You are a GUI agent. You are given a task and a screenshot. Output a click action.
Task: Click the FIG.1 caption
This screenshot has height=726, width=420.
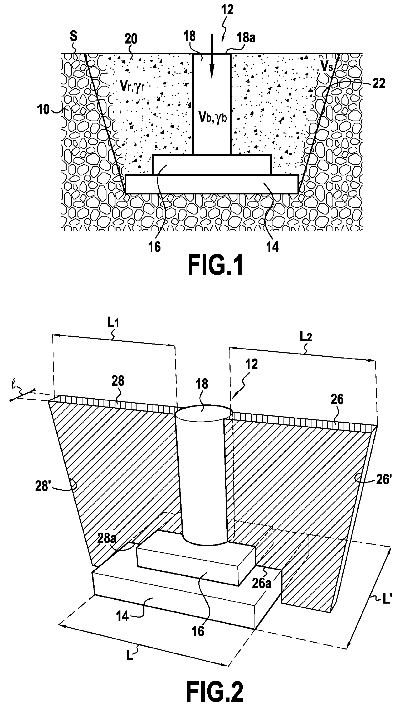[215, 266]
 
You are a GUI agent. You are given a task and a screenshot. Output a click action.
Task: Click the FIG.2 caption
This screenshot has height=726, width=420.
[214, 692]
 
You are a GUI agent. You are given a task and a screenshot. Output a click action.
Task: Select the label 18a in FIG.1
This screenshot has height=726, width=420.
[246, 38]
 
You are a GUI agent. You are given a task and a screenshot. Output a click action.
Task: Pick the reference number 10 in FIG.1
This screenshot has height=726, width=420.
[43, 109]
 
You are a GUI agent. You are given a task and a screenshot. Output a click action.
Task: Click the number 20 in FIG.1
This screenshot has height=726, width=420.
[131, 39]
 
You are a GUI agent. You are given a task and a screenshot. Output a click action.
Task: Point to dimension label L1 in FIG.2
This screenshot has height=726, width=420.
[113, 323]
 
